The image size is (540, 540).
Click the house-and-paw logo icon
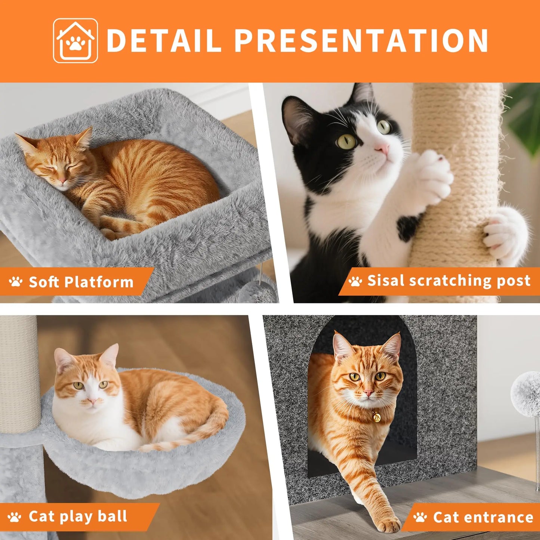[x=75, y=41]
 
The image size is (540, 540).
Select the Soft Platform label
[x=81, y=282]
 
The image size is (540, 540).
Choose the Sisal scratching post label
[x=448, y=280]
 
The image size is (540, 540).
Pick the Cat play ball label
[x=78, y=516]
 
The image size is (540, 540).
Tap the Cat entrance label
[x=483, y=517]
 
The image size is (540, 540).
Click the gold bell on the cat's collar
[x=376, y=416]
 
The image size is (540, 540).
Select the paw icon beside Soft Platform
[x=16, y=282]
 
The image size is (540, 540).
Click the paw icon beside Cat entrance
[x=420, y=517]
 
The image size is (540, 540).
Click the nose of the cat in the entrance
[x=368, y=393]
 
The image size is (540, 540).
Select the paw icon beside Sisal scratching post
[x=355, y=281]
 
